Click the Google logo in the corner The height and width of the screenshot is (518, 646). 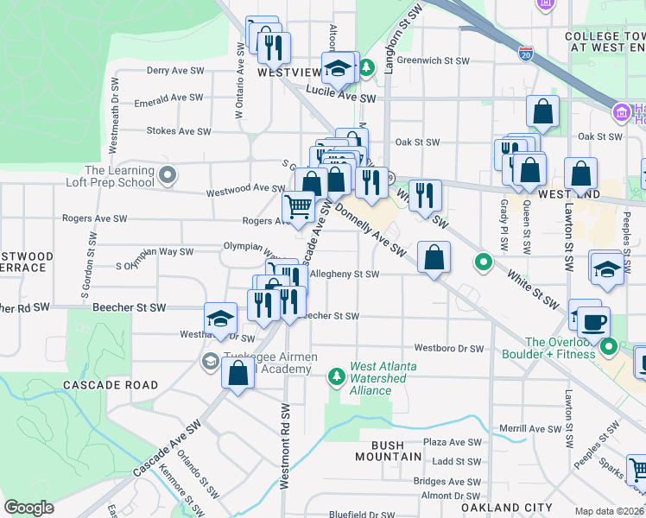28,508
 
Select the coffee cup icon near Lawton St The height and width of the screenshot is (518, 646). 593,323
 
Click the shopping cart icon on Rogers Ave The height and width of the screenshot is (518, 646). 298,207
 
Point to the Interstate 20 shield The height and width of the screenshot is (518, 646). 526,54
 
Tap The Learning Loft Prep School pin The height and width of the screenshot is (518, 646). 168,176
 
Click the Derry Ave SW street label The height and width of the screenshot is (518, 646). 175,71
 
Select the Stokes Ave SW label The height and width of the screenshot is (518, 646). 179,132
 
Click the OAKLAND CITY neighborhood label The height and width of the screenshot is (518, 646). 528,508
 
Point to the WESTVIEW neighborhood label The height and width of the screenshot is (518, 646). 288,74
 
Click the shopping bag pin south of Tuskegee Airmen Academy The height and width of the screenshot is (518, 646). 237,374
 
